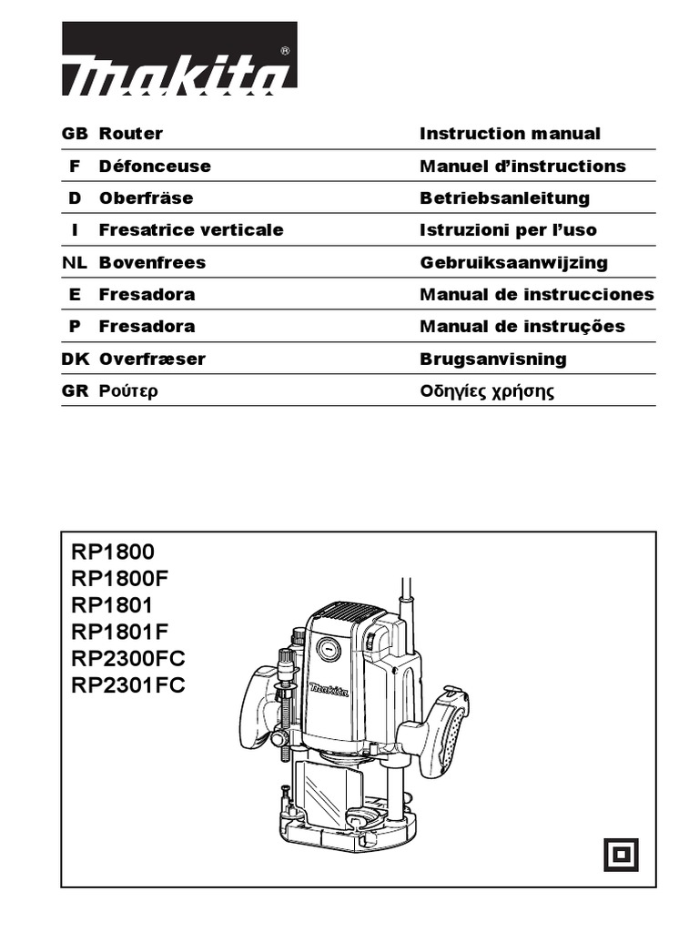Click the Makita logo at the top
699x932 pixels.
point(179,59)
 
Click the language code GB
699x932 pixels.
point(75,134)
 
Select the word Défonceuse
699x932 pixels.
point(155,166)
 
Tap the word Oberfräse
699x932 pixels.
point(146,198)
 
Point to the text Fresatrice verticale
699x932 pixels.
point(191,229)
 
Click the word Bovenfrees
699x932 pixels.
point(152,262)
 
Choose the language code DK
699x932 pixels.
point(75,359)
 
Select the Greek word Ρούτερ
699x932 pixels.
point(129,392)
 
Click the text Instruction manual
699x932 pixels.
point(510,134)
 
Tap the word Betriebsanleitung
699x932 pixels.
point(504,198)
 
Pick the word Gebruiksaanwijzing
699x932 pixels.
point(513,262)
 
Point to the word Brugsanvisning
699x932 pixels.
point(492,359)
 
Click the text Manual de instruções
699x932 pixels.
point(522,326)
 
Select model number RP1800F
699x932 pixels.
point(120,578)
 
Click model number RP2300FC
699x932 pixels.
point(127,658)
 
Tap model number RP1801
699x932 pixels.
point(113,604)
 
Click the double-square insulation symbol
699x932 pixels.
point(621,855)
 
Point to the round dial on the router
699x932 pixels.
point(329,649)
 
